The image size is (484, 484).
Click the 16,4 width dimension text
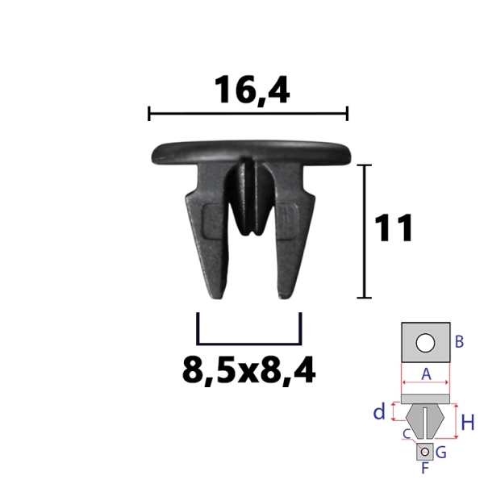pos(252,90)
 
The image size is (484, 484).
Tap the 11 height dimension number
pos(394,227)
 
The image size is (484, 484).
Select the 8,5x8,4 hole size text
pos(248,370)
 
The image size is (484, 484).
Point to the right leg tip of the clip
pos(286,296)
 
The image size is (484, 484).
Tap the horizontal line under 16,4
pos(248,114)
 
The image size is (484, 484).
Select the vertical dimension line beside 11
pos(365,232)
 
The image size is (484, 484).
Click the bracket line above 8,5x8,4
pos(248,343)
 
